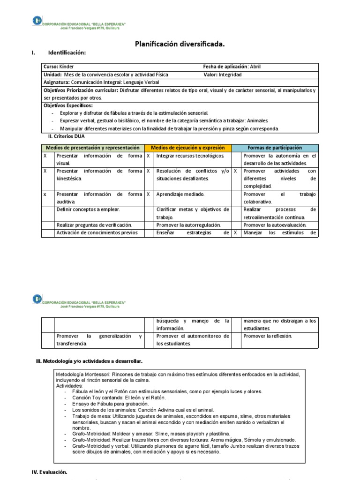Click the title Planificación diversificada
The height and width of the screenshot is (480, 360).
click(180, 44)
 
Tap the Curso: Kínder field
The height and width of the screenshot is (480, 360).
click(59, 67)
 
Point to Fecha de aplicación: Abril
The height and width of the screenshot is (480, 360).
click(238, 67)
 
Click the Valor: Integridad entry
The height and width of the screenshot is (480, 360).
click(223, 75)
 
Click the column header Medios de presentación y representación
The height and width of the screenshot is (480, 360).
click(92, 148)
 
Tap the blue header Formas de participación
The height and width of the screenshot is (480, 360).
click(275, 148)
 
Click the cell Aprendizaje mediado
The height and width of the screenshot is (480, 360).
click(180, 194)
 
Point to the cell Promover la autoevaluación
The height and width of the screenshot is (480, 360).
click(275, 225)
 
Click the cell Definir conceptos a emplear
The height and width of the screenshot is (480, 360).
click(88, 210)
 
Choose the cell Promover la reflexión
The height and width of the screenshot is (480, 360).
click(268, 336)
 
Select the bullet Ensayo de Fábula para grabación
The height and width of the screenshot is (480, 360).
click(110, 404)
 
